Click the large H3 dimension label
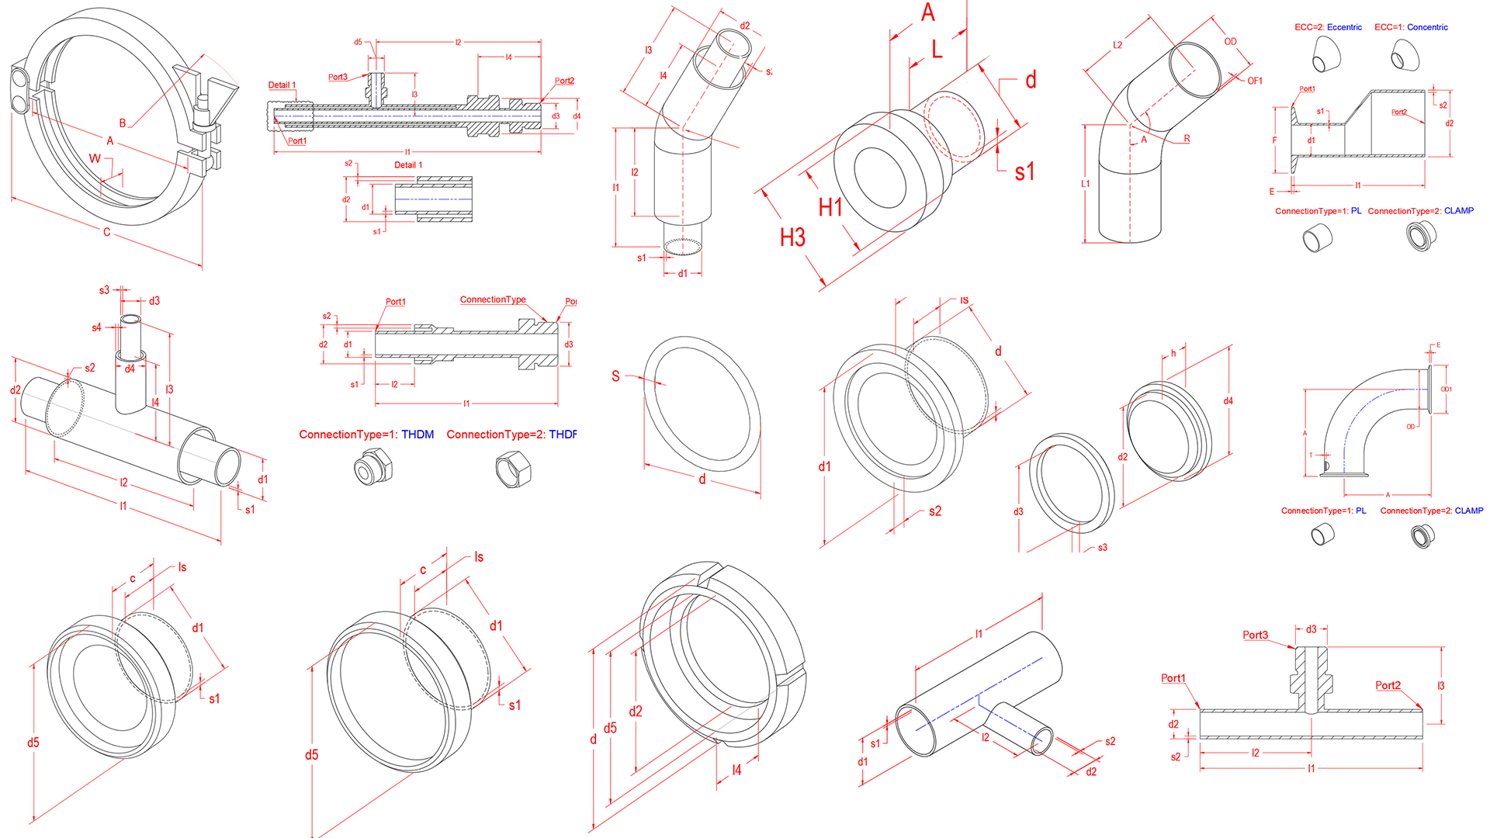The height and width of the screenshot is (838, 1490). [x=792, y=237]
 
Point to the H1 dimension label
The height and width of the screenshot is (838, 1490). [x=830, y=207]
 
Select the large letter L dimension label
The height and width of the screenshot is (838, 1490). [x=937, y=50]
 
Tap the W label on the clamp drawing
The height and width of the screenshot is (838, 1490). [x=95, y=158]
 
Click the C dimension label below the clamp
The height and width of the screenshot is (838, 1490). [x=107, y=232]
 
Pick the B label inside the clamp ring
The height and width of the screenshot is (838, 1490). [x=123, y=123]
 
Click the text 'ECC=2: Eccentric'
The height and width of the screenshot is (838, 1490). [x=1328, y=27]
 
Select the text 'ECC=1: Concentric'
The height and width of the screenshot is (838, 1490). [x=1411, y=27]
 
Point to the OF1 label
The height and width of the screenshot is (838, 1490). [x=1255, y=81]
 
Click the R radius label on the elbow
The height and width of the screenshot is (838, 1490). [x=1187, y=139]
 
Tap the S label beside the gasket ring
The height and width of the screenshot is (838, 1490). [x=615, y=376]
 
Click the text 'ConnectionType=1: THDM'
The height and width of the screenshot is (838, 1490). [x=366, y=435]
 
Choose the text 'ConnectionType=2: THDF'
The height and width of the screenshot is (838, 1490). [x=511, y=435]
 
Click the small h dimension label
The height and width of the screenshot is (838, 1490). [x=1173, y=353]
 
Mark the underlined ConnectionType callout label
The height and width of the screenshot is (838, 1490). [x=493, y=300]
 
